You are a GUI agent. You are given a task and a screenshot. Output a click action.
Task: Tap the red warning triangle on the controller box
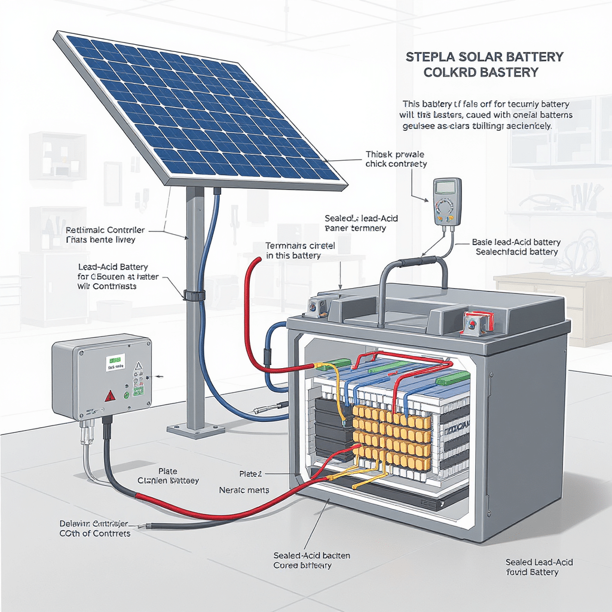tap(109, 395)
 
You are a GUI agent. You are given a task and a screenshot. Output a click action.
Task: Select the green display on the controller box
tap(114, 360)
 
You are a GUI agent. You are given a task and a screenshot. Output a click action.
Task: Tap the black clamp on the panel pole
tap(194, 295)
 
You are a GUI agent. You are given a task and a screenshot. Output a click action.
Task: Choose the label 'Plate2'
tap(250, 474)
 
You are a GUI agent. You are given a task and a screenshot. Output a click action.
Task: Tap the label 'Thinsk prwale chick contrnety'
tap(396, 159)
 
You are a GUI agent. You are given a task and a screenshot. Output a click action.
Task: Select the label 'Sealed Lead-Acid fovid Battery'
tap(539, 567)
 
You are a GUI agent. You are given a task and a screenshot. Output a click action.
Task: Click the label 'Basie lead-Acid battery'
tap(516, 242)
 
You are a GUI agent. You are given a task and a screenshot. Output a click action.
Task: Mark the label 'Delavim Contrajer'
tap(94, 524)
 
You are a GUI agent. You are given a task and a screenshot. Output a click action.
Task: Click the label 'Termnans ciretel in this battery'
tap(301, 250)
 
